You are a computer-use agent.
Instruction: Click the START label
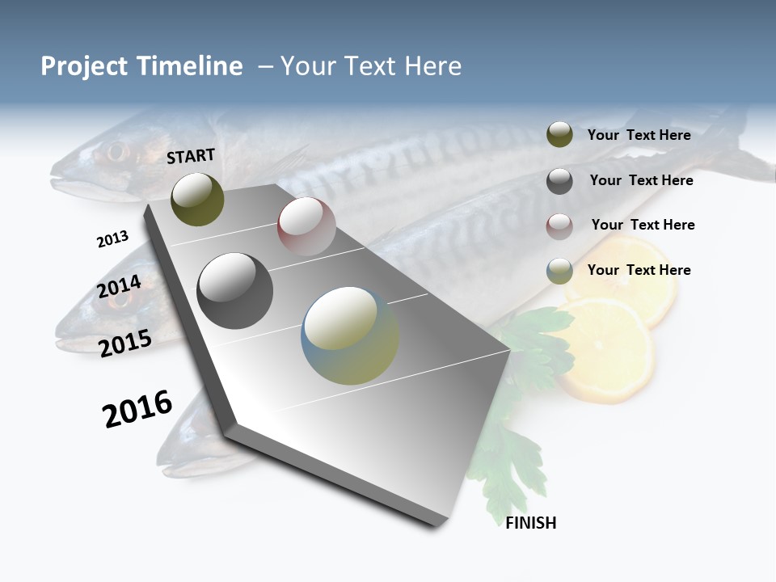(191, 156)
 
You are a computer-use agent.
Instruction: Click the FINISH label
(531, 523)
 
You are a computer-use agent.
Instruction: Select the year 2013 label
(112, 239)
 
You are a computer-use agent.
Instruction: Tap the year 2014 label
(120, 287)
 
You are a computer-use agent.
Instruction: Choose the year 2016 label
(137, 409)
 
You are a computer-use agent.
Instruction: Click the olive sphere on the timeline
(197, 199)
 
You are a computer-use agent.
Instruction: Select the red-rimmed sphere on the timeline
(306, 226)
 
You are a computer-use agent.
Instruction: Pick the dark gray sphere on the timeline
(235, 291)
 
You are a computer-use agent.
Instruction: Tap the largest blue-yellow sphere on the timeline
(350, 335)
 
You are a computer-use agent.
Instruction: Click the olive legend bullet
(559, 135)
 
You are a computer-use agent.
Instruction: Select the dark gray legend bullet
(559, 180)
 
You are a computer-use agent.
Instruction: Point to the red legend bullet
(559, 226)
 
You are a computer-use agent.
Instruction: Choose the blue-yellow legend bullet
(559, 271)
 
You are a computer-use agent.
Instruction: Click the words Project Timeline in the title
(141, 66)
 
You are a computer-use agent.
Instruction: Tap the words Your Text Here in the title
(371, 66)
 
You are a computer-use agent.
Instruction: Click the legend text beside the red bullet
(643, 225)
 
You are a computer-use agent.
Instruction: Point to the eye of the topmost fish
(117, 151)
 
